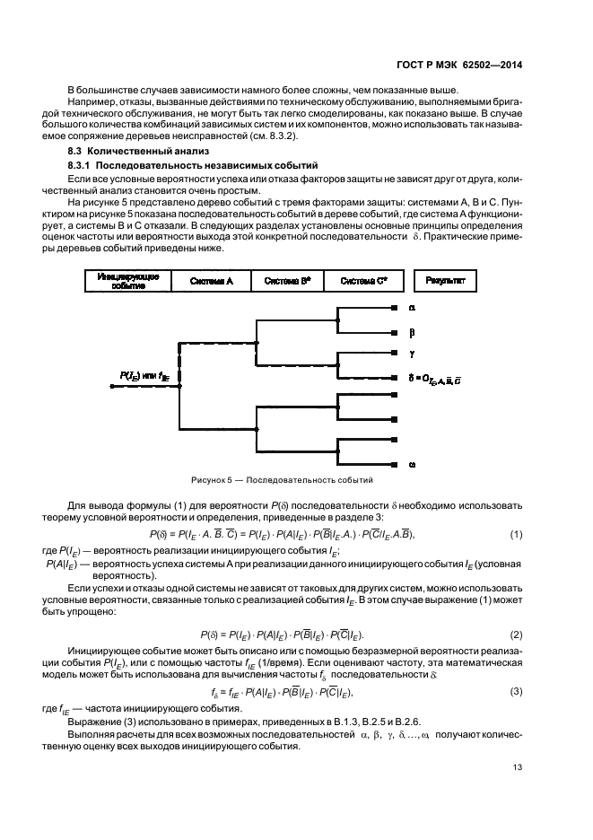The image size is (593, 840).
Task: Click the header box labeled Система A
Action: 213,281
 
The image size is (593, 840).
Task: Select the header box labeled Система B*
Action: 287,281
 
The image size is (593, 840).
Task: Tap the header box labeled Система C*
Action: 363,281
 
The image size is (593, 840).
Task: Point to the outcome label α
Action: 412,307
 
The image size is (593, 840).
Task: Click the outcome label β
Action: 412,330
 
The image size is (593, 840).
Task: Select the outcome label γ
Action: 412,353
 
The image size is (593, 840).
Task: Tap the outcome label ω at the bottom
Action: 412,464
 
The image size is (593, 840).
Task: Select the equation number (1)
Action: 516,534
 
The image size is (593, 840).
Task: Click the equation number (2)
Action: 516,634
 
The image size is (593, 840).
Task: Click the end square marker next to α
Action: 395,307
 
